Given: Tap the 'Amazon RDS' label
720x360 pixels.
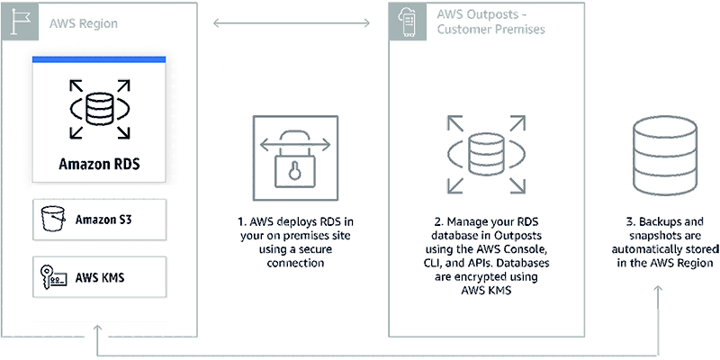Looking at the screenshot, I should (99, 164).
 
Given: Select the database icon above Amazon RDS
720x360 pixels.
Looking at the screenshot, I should (99, 109).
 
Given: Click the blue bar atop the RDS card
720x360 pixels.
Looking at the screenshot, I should (99, 58).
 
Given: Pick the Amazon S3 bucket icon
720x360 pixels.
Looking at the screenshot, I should (50, 218).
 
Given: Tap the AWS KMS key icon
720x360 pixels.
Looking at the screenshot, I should (50, 276).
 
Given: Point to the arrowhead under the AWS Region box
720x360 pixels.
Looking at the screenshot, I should (98, 328).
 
